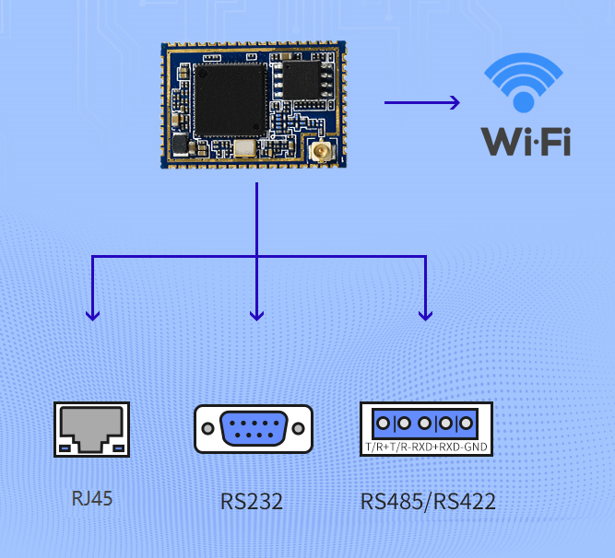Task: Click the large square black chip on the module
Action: click(x=229, y=99)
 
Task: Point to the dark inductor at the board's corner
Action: click(x=179, y=145)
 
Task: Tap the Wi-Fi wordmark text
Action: click(x=526, y=141)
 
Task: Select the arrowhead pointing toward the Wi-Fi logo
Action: click(x=453, y=102)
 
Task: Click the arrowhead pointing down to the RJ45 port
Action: click(x=91, y=314)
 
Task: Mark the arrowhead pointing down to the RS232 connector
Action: click(x=257, y=314)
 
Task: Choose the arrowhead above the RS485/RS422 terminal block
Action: click(x=425, y=314)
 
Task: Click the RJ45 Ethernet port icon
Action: click(x=91, y=430)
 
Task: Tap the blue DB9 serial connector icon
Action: click(x=254, y=429)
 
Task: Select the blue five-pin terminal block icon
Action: click(x=425, y=424)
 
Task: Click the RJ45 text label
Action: click(x=92, y=500)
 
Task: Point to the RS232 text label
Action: click(x=252, y=503)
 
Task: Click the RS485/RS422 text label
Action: click(x=428, y=503)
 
